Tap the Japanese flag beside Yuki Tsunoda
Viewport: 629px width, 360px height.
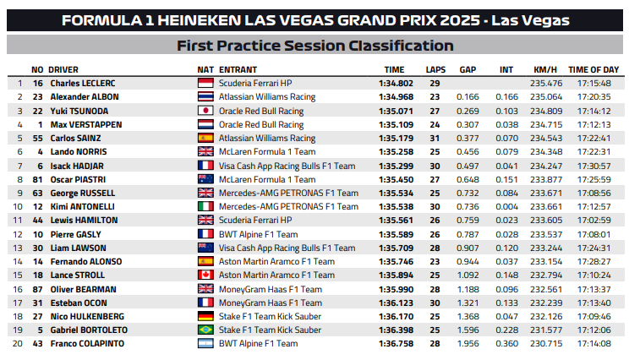205,111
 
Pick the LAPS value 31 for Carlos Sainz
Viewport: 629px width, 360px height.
435,138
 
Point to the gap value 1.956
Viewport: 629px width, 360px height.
468,344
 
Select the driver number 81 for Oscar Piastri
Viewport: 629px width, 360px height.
37,179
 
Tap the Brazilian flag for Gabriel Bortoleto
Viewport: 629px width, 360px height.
205,330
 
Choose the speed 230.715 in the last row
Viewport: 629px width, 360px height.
546,344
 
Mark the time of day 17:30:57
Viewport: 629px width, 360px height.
593,166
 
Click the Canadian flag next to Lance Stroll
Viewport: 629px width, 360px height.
205,275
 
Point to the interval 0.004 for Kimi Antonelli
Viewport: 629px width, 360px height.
506,206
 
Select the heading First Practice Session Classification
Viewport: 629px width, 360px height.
314,46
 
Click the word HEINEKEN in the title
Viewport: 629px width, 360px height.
212,19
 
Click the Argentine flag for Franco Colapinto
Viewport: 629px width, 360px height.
205,344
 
